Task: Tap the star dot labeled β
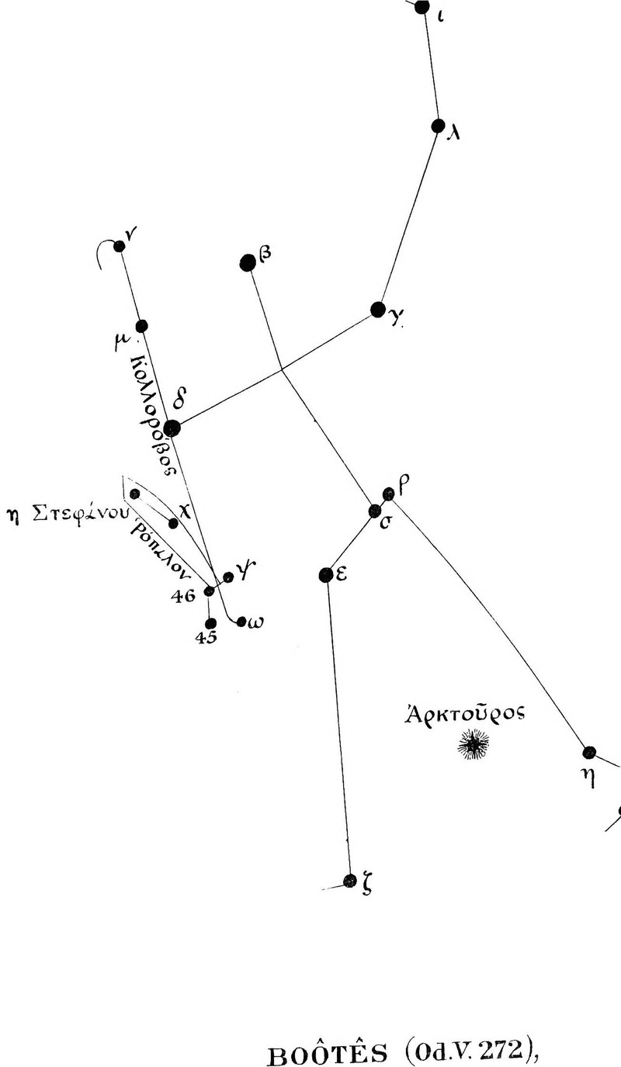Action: tap(248, 263)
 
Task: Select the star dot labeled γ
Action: tap(378, 310)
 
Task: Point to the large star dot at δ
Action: tap(172, 428)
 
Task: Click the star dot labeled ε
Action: tap(326, 575)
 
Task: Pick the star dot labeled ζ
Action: tap(350, 881)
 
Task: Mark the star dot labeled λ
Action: tap(438, 126)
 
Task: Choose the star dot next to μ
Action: tap(141, 326)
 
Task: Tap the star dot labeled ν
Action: tap(119, 247)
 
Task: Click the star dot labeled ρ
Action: tap(389, 493)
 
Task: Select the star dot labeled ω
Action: tap(241, 622)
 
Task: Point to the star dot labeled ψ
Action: tap(228, 577)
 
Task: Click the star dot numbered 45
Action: tap(210, 623)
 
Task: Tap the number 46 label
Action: tap(185, 596)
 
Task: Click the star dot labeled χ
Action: tap(173, 524)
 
